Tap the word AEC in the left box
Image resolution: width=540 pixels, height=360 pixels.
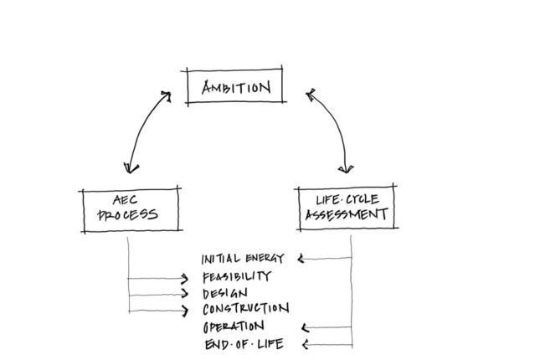(127, 200)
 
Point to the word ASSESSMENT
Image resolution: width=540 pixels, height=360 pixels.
(346, 214)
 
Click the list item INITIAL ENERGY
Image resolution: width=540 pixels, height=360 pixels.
(244, 258)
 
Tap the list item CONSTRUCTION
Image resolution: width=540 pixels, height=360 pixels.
(245, 310)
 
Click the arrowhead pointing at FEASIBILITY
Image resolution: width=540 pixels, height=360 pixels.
(185, 278)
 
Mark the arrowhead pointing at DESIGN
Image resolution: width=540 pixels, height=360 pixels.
(185, 294)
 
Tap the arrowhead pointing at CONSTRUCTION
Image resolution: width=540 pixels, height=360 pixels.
(185, 311)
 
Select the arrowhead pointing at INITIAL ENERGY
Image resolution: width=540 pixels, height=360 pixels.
(302, 259)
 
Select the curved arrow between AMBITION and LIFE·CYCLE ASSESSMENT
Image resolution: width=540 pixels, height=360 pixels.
(334, 126)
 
